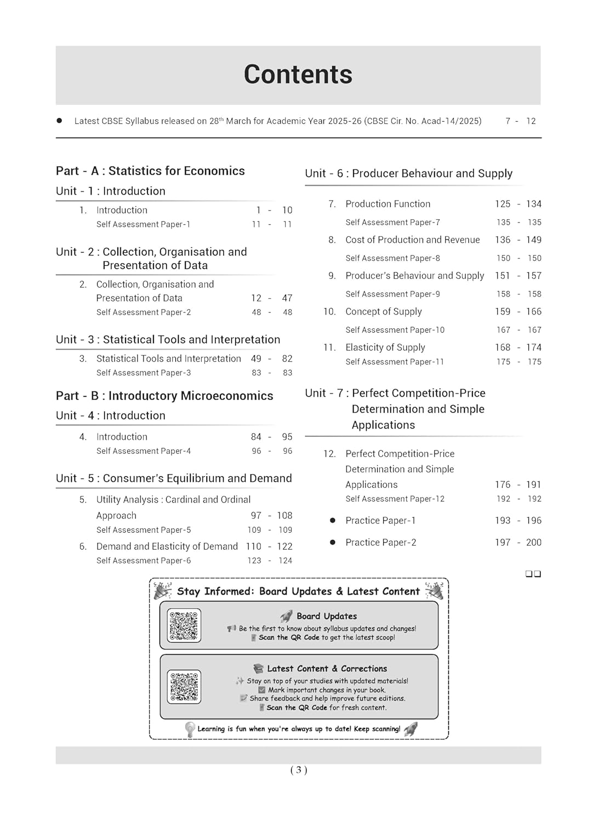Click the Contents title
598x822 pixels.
tap(298, 75)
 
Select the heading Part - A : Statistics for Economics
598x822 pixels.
tap(150, 171)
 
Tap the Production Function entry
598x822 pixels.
tap(388, 204)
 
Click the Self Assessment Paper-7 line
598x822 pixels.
tap(392, 222)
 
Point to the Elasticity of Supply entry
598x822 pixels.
tap(385, 347)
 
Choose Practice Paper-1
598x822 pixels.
tap(380, 521)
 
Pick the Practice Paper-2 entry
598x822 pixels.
tap(380, 543)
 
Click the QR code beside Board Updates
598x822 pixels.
tap(184, 625)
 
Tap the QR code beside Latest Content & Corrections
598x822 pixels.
tap(184, 687)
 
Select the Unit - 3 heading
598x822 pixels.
tap(168, 340)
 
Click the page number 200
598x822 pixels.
tap(533, 543)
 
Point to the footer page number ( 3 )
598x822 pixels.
tap(299, 770)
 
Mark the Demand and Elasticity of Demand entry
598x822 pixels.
tap(167, 546)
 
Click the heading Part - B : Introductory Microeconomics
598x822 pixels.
tap(164, 396)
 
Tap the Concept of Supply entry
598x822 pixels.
tap(383, 311)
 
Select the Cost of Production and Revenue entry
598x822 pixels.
tap(412, 240)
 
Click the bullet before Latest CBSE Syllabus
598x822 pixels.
tap(59, 121)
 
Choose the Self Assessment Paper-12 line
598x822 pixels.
tap(395, 499)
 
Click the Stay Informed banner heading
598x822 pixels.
tap(298, 591)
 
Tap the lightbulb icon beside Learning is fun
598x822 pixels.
tap(190, 729)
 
